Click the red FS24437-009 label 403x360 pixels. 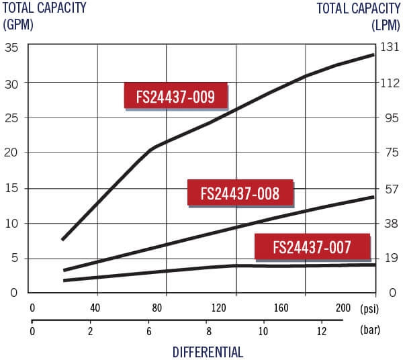tap(175, 97)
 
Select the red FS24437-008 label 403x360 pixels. tap(240, 194)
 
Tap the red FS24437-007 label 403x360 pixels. tap(312, 247)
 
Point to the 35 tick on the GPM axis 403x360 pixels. tap(11, 47)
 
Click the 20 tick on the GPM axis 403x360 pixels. tap(11, 152)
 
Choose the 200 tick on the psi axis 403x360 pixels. tap(343, 308)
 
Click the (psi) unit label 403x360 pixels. tap(369, 308)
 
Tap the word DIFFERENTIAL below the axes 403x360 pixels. tap(208, 352)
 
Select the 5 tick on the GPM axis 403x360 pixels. tap(14, 258)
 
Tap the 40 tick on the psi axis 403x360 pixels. tap(95, 308)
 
